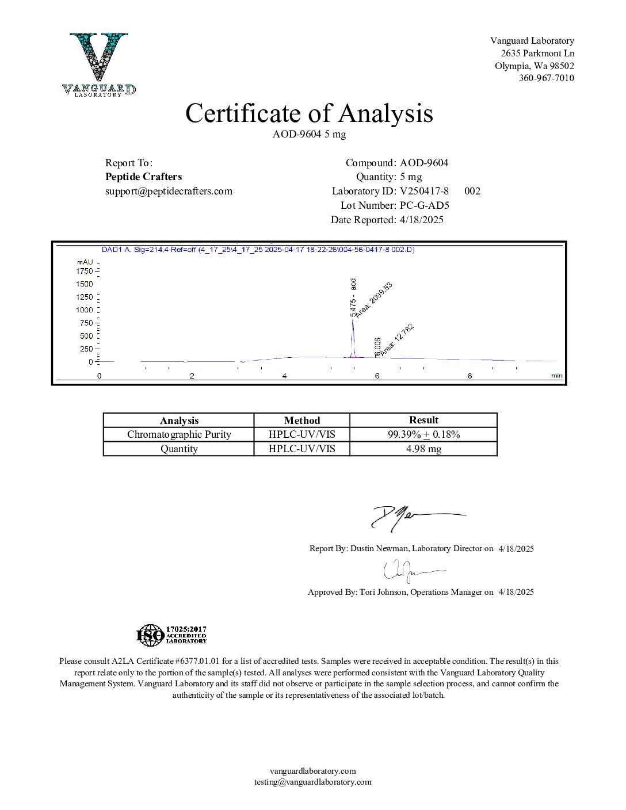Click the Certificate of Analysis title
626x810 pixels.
pyautogui.click(x=309, y=113)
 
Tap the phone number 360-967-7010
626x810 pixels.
pyautogui.click(x=546, y=78)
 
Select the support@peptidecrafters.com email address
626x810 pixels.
pyautogui.click(x=169, y=191)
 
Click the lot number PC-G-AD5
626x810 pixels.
pyautogui.click(x=424, y=205)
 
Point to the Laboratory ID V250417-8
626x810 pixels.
pyautogui.click(x=424, y=191)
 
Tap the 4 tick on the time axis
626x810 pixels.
pyautogui.click(x=284, y=376)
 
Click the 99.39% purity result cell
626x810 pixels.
pyautogui.click(x=423, y=434)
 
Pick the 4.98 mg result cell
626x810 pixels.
pyautogui.click(x=423, y=449)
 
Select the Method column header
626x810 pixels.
pyautogui.click(x=301, y=421)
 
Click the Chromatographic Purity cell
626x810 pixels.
pyautogui.click(x=179, y=434)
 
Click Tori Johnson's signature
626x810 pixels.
pyautogui.click(x=411, y=571)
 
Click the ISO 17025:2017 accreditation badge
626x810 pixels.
pyautogui.click(x=171, y=635)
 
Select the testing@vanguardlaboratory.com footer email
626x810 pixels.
pyautogui.click(x=313, y=782)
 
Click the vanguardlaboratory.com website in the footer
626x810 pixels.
pyautogui.click(x=313, y=771)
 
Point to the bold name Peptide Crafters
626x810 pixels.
pyautogui.click(x=143, y=177)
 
